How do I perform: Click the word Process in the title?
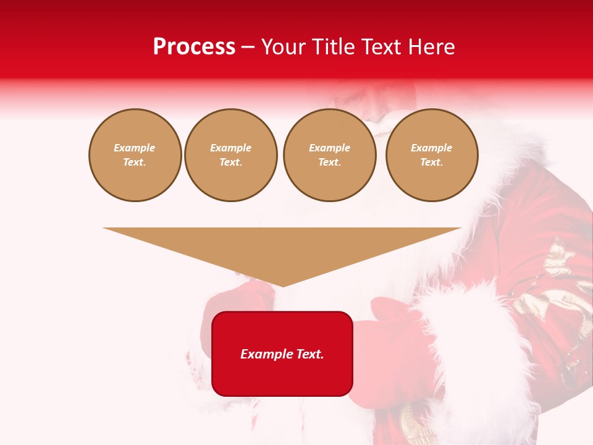click(x=194, y=47)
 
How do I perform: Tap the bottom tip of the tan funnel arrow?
click(x=283, y=285)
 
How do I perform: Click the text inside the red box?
click(x=282, y=354)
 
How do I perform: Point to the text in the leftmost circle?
click(x=135, y=155)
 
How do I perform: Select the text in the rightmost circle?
click(x=432, y=155)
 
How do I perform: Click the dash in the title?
click(x=248, y=47)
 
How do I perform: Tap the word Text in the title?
click(x=381, y=47)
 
